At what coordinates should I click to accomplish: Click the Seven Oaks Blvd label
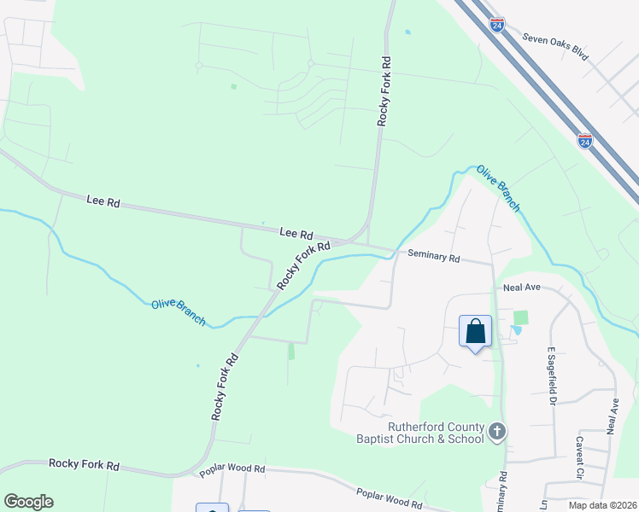(x=555, y=52)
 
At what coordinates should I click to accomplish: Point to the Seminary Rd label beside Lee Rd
(x=434, y=255)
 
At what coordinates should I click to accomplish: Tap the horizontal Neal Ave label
(x=522, y=288)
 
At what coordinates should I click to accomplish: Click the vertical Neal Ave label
(x=612, y=417)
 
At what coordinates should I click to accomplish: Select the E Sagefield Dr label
(x=553, y=375)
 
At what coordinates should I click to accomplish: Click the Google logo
(x=28, y=502)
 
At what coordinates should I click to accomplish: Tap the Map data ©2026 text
(x=601, y=505)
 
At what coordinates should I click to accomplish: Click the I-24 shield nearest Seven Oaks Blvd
(x=497, y=25)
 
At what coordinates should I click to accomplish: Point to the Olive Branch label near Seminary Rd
(x=498, y=188)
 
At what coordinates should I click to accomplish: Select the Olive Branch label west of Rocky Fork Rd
(x=179, y=311)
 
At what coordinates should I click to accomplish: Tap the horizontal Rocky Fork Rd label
(x=83, y=465)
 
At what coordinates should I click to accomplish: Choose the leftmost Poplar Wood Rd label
(x=232, y=469)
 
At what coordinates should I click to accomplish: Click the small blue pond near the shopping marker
(x=515, y=330)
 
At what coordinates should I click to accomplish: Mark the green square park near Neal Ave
(x=520, y=317)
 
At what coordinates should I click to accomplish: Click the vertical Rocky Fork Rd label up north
(x=384, y=92)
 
